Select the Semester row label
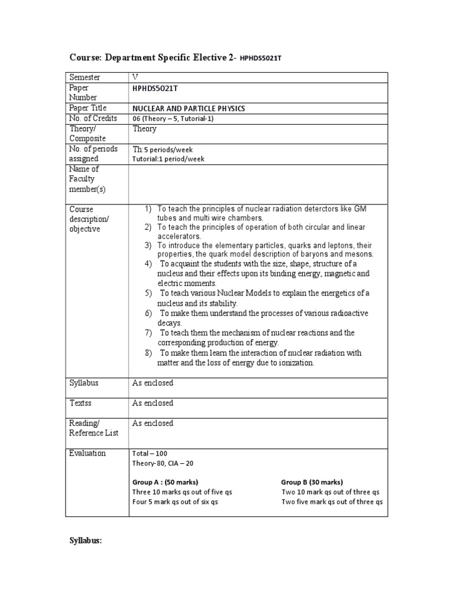(85, 77)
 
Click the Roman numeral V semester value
(136, 77)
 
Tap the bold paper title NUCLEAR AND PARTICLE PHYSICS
(189, 109)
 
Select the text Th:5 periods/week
(163, 149)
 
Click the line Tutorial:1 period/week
(168, 159)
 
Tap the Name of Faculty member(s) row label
(85, 178)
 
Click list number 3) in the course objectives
(148, 245)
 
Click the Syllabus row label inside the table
(84, 383)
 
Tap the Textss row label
(82, 403)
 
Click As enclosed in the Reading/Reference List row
(153, 423)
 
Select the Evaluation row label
(87, 453)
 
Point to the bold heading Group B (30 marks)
(312, 482)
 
